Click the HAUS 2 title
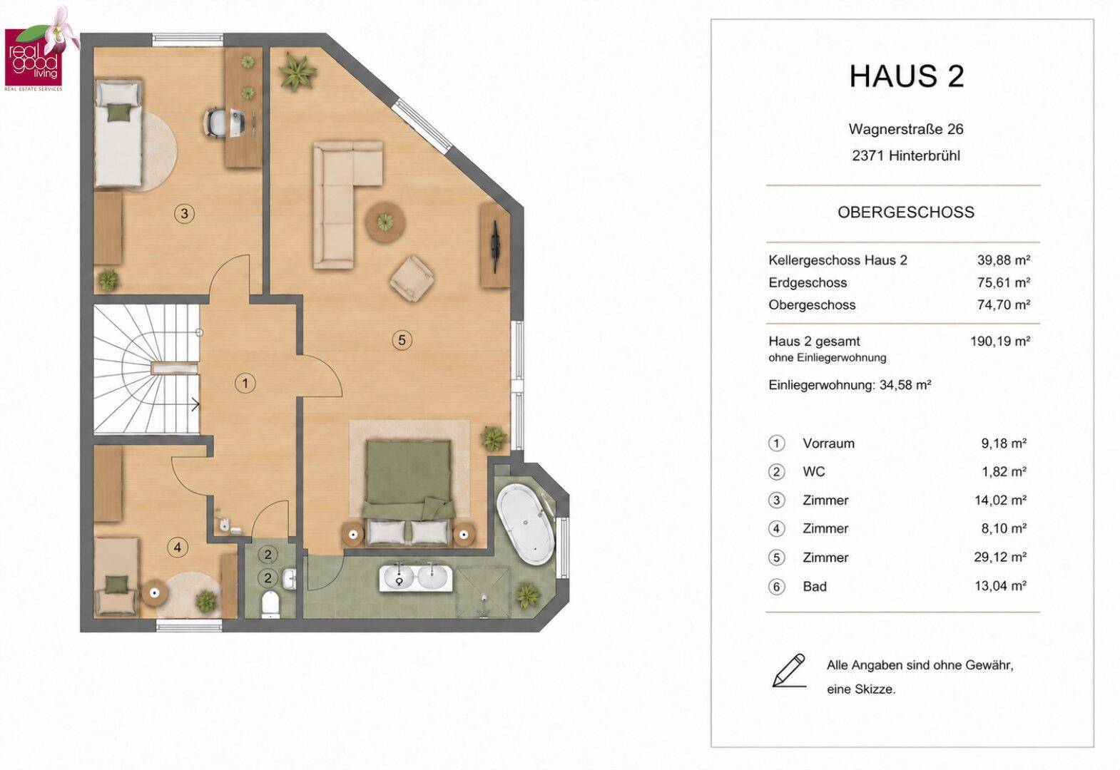point(907,76)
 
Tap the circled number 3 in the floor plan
point(185,214)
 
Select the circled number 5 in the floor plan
point(402,340)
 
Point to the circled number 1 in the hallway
point(245,384)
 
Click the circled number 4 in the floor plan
point(178,547)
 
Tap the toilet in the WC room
point(270,604)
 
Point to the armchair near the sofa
point(412,278)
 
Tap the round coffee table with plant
point(385,222)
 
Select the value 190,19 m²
point(1000,342)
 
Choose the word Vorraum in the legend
point(828,443)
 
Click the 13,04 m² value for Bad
point(1000,585)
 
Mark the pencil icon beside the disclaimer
point(789,671)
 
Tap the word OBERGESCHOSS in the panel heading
point(906,212)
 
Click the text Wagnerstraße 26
point(906,129)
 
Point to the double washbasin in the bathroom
point(415,578)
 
